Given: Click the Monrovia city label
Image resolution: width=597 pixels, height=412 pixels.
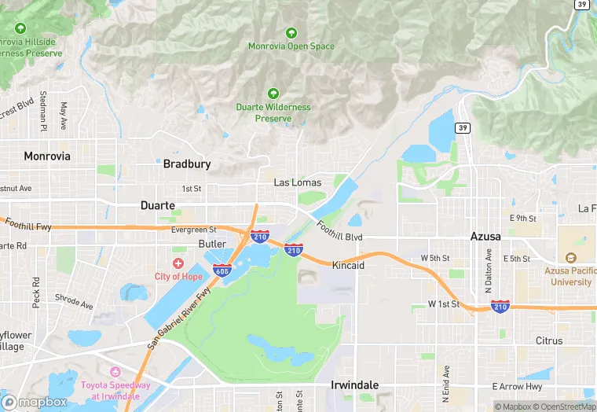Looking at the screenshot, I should coord(47,156).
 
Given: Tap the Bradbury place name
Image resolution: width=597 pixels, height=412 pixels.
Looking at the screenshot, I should coord(186,164).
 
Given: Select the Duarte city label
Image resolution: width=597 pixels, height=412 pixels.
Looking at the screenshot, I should coord(157,206).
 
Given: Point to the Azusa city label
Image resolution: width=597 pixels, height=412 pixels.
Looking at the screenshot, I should coord(485,236).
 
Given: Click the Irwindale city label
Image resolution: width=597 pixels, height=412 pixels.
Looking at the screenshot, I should coord(354,385).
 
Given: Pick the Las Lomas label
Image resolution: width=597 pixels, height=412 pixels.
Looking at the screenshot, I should coord(297,182).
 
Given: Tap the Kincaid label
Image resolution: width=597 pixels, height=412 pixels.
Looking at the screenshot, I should coord(348,266).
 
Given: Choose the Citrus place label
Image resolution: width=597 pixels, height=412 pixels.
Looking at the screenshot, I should coord(549,340).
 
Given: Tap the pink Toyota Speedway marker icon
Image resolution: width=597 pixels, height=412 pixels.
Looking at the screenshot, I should coord(115,371).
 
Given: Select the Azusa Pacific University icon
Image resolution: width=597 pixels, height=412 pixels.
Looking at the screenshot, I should coord(570,259).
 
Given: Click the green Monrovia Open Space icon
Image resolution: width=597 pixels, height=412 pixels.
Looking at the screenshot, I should coord(291,33).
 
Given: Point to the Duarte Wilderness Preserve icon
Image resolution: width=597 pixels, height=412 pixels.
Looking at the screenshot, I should coord(273,94).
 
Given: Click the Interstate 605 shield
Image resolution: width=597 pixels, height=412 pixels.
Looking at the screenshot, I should coord(221,271).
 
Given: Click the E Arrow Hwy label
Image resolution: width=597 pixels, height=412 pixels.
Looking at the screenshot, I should coord(517,386).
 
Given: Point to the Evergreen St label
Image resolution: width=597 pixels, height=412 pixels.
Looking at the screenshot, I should coord(193,230).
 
